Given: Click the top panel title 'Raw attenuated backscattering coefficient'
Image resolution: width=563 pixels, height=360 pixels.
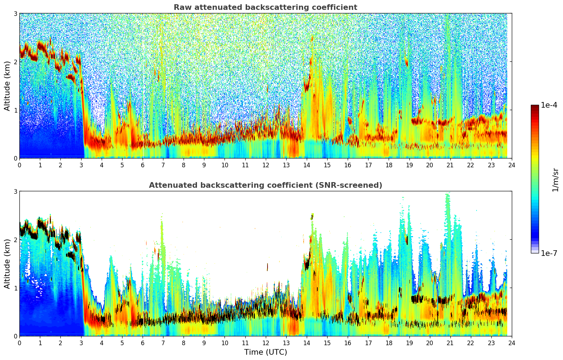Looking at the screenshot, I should tap(265, 7).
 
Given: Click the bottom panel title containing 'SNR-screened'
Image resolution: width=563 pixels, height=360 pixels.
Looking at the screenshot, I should tap(265, 185).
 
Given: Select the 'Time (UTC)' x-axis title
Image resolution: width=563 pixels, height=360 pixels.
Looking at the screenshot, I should tap(265, 352).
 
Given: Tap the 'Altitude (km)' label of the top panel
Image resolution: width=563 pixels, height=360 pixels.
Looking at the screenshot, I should tap(7, 86).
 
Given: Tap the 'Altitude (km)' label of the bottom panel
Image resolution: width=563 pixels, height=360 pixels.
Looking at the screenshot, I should tap(7, 264).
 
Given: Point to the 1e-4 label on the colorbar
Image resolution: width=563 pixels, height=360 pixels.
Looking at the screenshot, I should tap(549, 105).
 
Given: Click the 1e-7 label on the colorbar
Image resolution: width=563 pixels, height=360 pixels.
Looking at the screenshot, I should tap(549, 253).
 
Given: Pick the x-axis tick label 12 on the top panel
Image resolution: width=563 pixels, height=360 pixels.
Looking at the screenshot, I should tap(265, 165).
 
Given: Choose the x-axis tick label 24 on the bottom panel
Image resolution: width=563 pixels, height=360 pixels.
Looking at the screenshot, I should tap(512, 343).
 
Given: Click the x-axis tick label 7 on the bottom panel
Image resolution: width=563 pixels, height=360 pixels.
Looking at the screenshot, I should tap(163, 343).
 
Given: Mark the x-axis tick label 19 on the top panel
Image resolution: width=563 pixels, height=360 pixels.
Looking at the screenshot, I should tap(409, 165).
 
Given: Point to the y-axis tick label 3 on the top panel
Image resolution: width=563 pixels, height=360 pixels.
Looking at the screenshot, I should tap(16, 13).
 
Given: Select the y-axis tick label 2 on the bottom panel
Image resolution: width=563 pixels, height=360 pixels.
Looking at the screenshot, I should tap(16, 240).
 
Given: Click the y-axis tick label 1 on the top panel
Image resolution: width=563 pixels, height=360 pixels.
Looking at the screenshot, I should tap(16, 110).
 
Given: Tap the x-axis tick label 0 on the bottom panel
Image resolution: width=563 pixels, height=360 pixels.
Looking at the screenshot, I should tap(19, 343).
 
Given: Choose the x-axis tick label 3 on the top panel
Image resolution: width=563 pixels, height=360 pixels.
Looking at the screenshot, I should tap(81, 165).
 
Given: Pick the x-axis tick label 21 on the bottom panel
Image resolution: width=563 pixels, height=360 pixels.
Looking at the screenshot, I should tap(450, 343).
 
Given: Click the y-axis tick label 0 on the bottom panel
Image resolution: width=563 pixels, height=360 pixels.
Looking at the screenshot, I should tap(16, 336).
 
